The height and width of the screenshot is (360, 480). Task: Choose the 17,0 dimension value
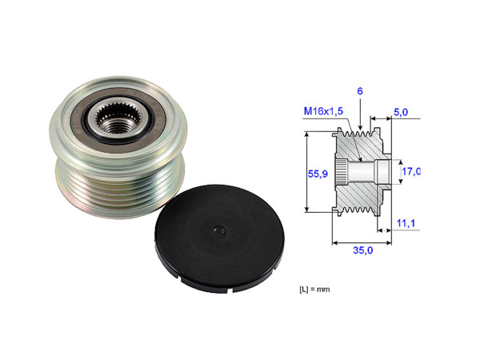[410, 170]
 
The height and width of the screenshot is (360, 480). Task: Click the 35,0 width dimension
[362, 250]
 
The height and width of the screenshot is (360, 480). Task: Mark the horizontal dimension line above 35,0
[362, 239]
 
